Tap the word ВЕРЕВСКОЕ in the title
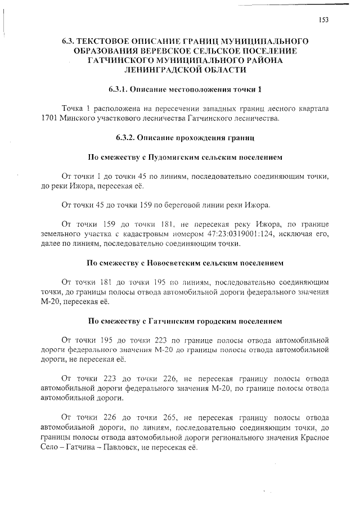click(170, 51)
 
